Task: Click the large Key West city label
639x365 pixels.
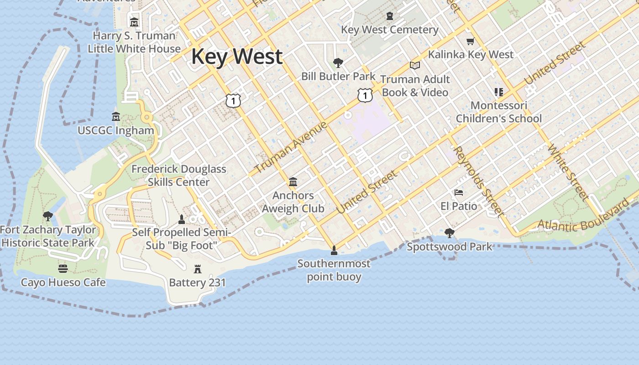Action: pyautogui.click(x=237, y=57)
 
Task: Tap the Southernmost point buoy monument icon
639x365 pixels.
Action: pyautogui.click(x=334, y=250)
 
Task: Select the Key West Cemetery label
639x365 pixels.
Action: pyautogui.click(x=389, y=30)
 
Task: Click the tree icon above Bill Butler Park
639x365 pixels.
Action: pyautogui.click(x=338, y=63)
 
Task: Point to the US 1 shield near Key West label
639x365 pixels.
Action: pyautogui.click(x=233, y=100)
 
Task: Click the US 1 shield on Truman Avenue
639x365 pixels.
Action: pyautogui.click(x=365, y=95)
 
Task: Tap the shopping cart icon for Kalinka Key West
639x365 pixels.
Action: pyautogui.click(x=471, y=42)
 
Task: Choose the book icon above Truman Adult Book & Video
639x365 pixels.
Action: pyautogui.click(x=414, y=66)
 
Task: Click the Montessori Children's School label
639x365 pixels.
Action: pyautogui.click(x=498, y=112)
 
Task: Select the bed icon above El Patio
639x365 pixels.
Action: pyautogui.click(x=459, y=193)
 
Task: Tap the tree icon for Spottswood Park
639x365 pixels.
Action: pyautogui.click(x=449, y=233)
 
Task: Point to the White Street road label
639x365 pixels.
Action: pyautogui.click(x=567, y=172)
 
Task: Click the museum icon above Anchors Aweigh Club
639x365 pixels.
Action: pyautogui.click(x=293, y=182)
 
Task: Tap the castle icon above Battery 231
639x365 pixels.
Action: pyautogui.click(x=198, y=269)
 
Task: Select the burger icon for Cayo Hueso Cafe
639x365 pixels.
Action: pyautogui.click(x=63, y=268)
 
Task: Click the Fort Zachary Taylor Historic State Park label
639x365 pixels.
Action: pyautogui.click(x=48, y=236)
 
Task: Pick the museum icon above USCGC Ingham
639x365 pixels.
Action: pyautogui.click(x=116, y=117)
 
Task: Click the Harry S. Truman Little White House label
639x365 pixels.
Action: pyautogui.click(x=134, y=42)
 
